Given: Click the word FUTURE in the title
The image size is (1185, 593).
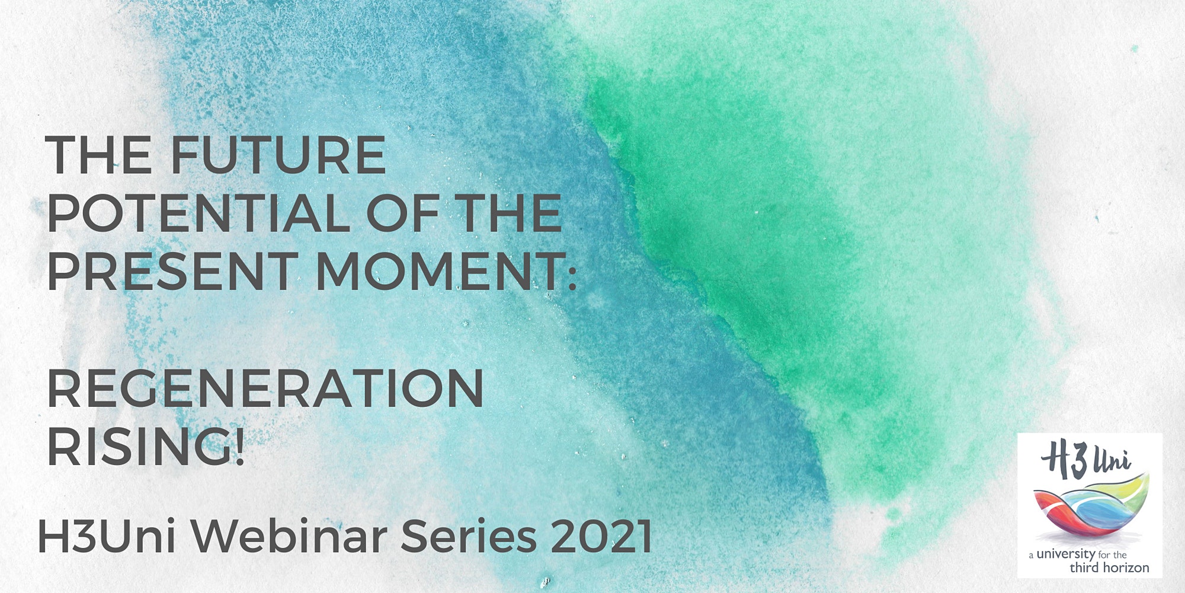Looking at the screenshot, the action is (278, 155).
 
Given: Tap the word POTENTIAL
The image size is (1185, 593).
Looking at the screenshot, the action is (198, 213).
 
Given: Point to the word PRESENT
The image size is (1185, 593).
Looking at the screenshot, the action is (172, 272).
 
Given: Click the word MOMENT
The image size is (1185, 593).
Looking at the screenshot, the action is (437, 272).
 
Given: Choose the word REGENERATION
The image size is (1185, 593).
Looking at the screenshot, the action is (265, 388).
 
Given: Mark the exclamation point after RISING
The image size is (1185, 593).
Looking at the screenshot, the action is (239, 446).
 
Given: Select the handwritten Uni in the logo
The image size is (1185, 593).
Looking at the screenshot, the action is (1110, 460).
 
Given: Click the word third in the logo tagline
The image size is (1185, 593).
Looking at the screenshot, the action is (1084, 568).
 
